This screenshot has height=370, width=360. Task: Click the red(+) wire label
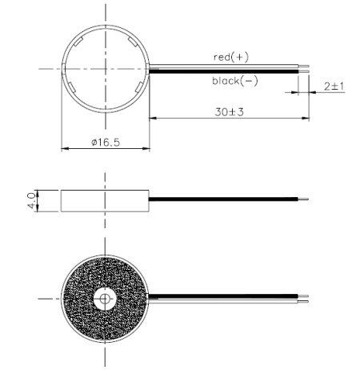tap(232, 57)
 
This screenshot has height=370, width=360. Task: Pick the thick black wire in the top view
tap(224, 70)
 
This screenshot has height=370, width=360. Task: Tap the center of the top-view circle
tap(106, 69)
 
